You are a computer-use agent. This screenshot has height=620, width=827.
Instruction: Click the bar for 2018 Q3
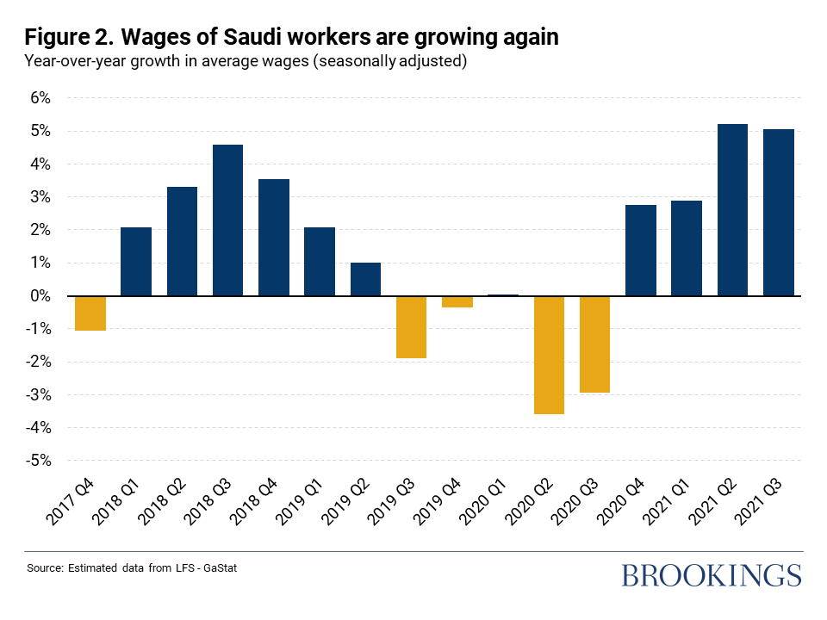227,220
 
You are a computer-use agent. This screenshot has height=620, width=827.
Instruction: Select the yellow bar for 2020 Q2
549,355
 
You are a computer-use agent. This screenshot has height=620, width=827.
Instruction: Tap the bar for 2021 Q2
732,210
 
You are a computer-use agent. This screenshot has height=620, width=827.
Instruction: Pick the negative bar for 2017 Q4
90,313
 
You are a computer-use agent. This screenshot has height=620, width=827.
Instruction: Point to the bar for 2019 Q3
411,327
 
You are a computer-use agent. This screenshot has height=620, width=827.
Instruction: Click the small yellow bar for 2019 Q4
457,301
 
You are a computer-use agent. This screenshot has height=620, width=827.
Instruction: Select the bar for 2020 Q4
641,251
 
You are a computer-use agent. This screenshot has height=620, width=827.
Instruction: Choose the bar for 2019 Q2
365,279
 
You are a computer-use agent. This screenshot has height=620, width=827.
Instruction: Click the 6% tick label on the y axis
40,98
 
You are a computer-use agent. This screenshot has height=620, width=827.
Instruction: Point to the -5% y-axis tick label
37,461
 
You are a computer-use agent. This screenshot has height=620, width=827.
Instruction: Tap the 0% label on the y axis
40,296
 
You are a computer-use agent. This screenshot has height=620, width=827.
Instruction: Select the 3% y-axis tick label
40,197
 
